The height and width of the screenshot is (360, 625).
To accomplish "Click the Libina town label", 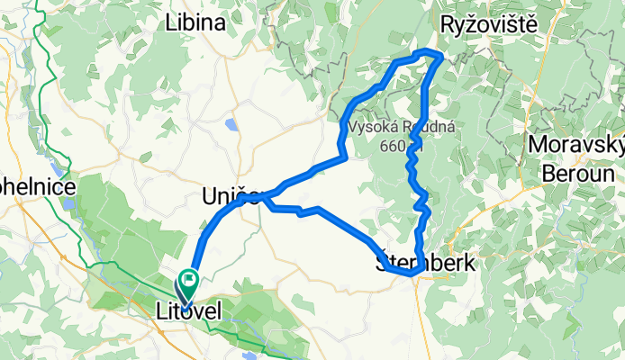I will [x=195, y=24].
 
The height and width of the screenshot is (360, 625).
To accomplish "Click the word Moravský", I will [x=575, y=146].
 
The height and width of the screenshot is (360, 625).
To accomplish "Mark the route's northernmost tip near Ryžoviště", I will [x=437, y=56].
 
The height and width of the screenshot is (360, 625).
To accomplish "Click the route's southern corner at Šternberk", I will [x=414, y=274].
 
